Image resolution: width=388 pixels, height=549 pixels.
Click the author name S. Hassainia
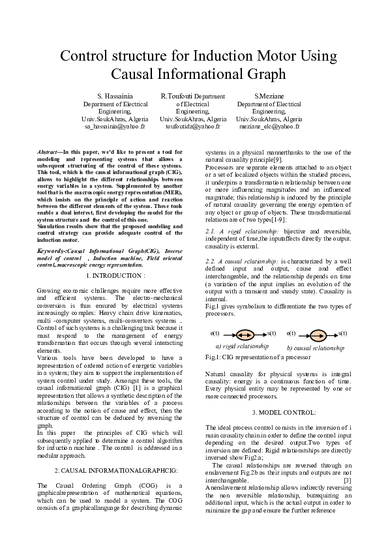point(115,96)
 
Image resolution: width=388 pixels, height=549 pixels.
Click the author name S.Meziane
point(269,96)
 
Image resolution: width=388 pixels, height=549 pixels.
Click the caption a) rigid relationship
point(242,346)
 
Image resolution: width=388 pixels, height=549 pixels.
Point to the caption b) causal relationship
point(316,348)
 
